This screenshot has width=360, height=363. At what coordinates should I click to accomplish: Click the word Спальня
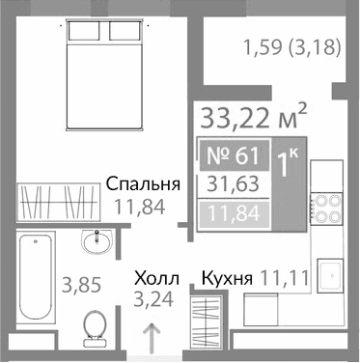coord(144,184)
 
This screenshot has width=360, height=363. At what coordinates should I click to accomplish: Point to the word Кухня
coord(227,278)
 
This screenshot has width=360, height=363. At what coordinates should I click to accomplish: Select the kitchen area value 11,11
coord(281,278)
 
